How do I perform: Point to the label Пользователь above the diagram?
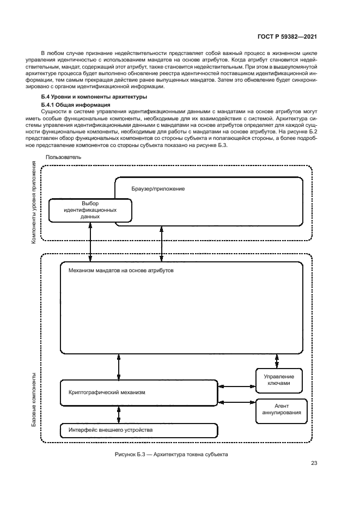64,157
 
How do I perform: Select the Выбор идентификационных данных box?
90,210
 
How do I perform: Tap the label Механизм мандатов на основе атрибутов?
121,270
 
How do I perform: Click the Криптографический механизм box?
107,392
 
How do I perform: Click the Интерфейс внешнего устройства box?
111,430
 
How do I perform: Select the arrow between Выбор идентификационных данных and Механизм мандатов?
90,242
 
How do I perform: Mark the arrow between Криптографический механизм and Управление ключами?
236,387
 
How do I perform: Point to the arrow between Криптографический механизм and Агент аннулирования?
236,402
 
